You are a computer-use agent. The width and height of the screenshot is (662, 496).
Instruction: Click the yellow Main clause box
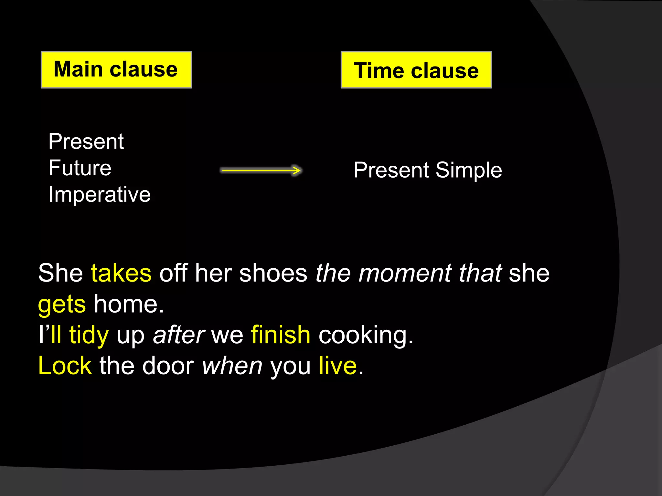[116, 70]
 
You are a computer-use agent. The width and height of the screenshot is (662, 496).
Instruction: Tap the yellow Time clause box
[416, 70]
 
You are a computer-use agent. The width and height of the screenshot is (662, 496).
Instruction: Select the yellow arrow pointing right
[261, 170]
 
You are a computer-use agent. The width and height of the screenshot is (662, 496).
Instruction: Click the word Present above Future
[86, 141]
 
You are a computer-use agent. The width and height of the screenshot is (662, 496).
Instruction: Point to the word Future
[80, 168]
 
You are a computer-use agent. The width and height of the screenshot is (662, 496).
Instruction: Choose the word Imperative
[100, 195]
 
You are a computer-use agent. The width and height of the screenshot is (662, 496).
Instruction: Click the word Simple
[469, 170]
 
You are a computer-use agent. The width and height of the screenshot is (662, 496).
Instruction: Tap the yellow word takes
[121, 273]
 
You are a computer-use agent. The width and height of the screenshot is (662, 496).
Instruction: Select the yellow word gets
[62, 305]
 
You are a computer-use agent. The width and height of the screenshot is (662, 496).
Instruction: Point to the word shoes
[273, 273]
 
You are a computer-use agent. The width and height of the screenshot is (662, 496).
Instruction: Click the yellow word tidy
[89, 335]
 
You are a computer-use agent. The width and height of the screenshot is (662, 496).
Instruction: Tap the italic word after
[178, 335]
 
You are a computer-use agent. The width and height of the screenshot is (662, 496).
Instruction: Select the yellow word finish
[281, 335]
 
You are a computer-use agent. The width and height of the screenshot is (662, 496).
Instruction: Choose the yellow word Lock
[65, 366]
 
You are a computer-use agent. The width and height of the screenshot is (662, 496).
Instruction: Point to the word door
[168, 366]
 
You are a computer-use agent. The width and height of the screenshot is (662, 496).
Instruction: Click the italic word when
[232, 366]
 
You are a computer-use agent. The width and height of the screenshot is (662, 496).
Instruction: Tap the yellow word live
[338, 366]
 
